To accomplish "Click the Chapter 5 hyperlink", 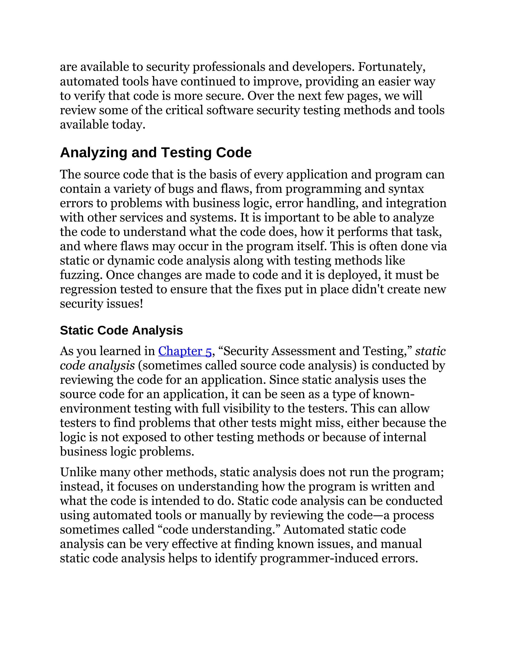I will pyautogui.click(x=185, y=351).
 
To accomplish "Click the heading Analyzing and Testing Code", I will pyautogui.click(x=156, y=153).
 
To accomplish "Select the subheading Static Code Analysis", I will pyautogui.click(x=121, y=330).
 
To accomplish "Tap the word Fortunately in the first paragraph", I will pyautogui.click(x=391, y=67).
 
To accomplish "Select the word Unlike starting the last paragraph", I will pyautogui.click(x=78, y=472).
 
